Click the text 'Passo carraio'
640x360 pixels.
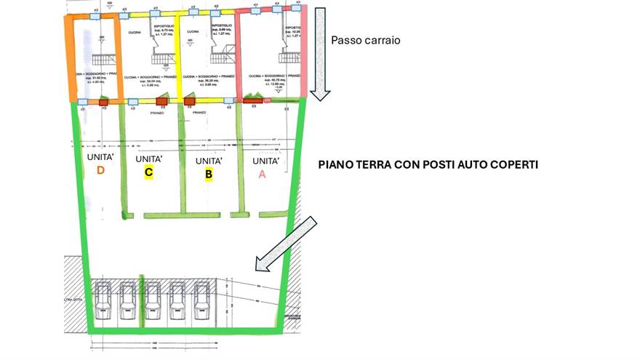coord(365,41)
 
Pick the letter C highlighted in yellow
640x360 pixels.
coord(148,172)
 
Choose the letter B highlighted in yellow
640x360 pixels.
coord(208,174)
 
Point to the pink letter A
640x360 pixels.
coord(262,174)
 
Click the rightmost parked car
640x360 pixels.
coord(201,300)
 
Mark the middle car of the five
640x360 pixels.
coord(152,300)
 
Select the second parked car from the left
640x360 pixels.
coord(127,300)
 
